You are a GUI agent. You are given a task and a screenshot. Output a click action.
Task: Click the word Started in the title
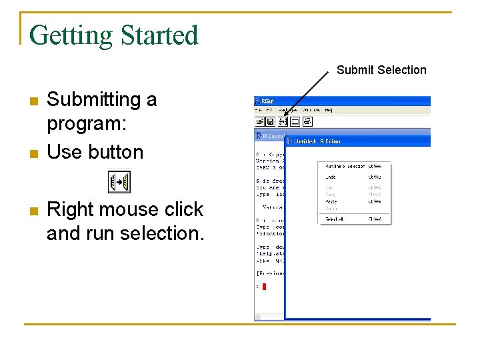click(x=159, y=35)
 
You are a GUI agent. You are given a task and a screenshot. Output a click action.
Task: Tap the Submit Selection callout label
click(x=381, y=70)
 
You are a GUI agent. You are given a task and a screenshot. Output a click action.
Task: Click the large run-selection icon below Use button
click(x=120, y=182)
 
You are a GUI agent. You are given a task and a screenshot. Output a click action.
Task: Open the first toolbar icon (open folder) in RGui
click(x=260, y=121)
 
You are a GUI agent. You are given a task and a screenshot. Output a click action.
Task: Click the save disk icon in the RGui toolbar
click(x=270, y=121)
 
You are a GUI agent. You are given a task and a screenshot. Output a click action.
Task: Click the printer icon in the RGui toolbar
click(x=307, y=121)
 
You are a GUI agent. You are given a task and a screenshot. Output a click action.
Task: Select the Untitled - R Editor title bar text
click(x=318, y=141)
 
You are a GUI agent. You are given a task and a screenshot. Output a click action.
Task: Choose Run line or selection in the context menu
click(x=345, y=166)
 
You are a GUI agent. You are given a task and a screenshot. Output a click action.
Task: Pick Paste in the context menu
click(x=331, y=201)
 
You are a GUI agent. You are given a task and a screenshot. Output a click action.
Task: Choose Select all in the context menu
click(x=334, y=219)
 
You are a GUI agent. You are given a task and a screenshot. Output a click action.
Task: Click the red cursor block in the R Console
click(x=264, y=286)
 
